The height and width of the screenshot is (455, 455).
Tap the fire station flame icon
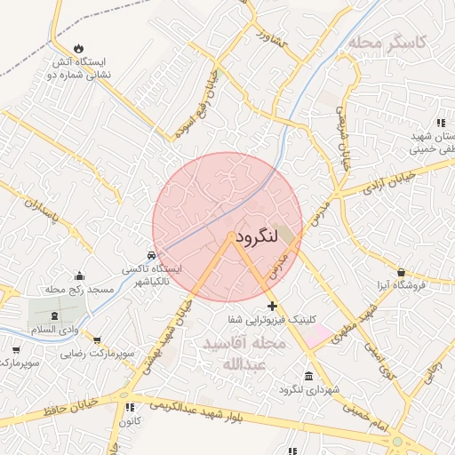point(79,48)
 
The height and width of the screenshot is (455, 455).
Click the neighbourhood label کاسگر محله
point(387,41)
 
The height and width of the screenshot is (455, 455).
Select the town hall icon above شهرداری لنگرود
point(307,376)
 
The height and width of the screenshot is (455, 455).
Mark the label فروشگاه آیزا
point(400,285)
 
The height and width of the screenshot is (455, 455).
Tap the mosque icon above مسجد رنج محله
point(80,275)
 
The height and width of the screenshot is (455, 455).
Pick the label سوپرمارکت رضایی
point(98,354)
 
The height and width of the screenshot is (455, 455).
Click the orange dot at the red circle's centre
point(230,236)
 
